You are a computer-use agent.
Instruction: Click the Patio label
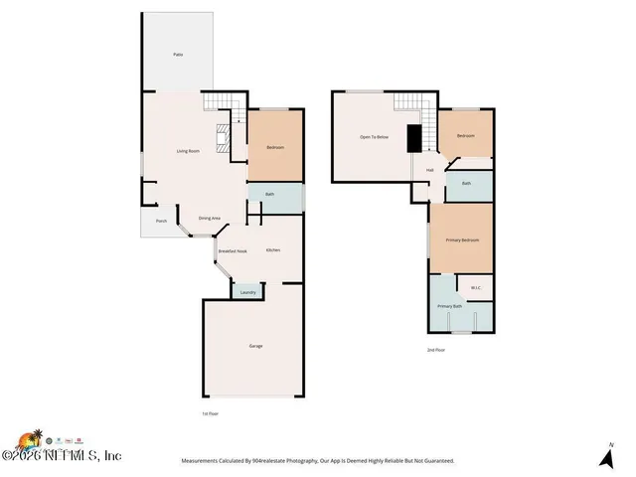[178, 54]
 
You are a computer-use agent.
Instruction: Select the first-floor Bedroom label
[275, 148]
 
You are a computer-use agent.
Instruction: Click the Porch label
[160, 221]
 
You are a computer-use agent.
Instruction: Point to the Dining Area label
[210, 218]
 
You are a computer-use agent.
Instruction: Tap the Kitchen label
[272, 249]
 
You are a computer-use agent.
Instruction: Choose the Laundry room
[248, 291]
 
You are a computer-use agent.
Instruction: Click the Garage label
[255, 346]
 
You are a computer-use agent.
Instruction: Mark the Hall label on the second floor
[430, 170]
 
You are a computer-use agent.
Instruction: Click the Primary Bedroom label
[461, 240]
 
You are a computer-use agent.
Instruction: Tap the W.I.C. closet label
[476, 289]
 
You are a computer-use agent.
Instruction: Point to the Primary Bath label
[450, 306]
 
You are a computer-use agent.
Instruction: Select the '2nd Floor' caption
[435, 350]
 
